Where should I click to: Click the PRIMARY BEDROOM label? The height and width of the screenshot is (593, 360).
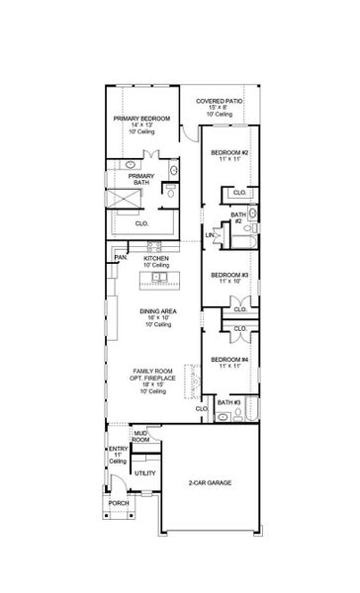point(140,119)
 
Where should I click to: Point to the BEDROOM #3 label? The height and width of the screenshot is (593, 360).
point(228,274)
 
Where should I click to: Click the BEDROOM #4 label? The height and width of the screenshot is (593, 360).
point(228,362)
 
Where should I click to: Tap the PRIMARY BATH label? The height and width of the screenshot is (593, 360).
point(141,180)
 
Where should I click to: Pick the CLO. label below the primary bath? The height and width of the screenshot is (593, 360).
point(140,223)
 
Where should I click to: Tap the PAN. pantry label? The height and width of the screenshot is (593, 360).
point(119,257)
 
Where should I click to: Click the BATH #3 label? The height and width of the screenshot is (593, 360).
point(229,403)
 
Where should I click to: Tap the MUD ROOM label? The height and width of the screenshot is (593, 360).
point(141,435)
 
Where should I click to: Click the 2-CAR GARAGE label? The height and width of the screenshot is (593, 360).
point(210,483)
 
